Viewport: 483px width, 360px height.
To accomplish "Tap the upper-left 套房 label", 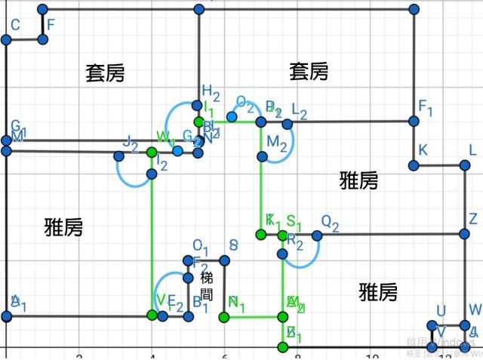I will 105,73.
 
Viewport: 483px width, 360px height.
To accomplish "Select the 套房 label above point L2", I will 309,72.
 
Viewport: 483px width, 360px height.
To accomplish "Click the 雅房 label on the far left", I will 63,226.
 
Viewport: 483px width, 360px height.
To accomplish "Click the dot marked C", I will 6,38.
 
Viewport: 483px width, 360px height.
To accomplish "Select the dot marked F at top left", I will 43,38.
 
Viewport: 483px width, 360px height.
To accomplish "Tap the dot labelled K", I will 414,165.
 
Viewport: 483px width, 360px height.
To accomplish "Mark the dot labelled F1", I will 414,121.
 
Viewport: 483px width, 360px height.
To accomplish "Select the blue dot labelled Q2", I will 317,235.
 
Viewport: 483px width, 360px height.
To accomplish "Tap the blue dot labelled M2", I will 262,157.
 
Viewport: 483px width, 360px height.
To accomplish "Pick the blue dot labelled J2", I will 118,156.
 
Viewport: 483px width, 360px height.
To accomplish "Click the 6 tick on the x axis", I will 224,355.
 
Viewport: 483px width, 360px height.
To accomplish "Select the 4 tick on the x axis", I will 152,355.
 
